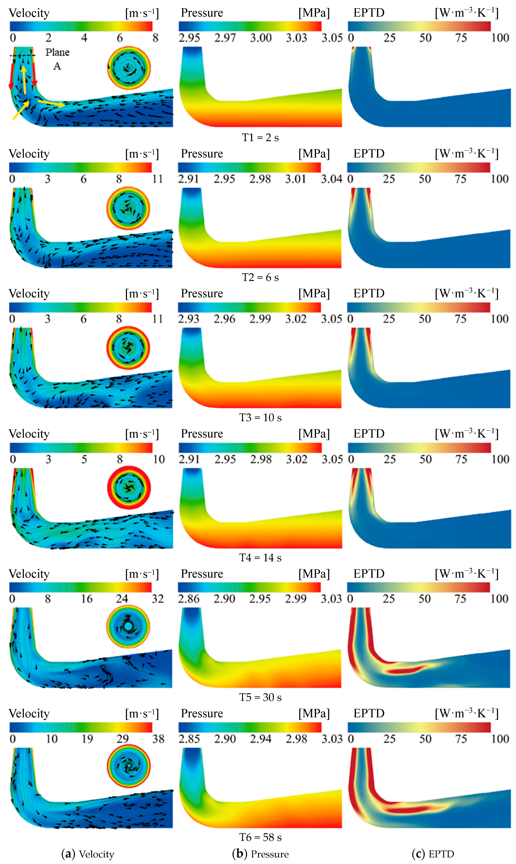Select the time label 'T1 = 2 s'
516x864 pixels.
[260, 138]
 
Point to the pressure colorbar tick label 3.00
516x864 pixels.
[261, 37]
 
